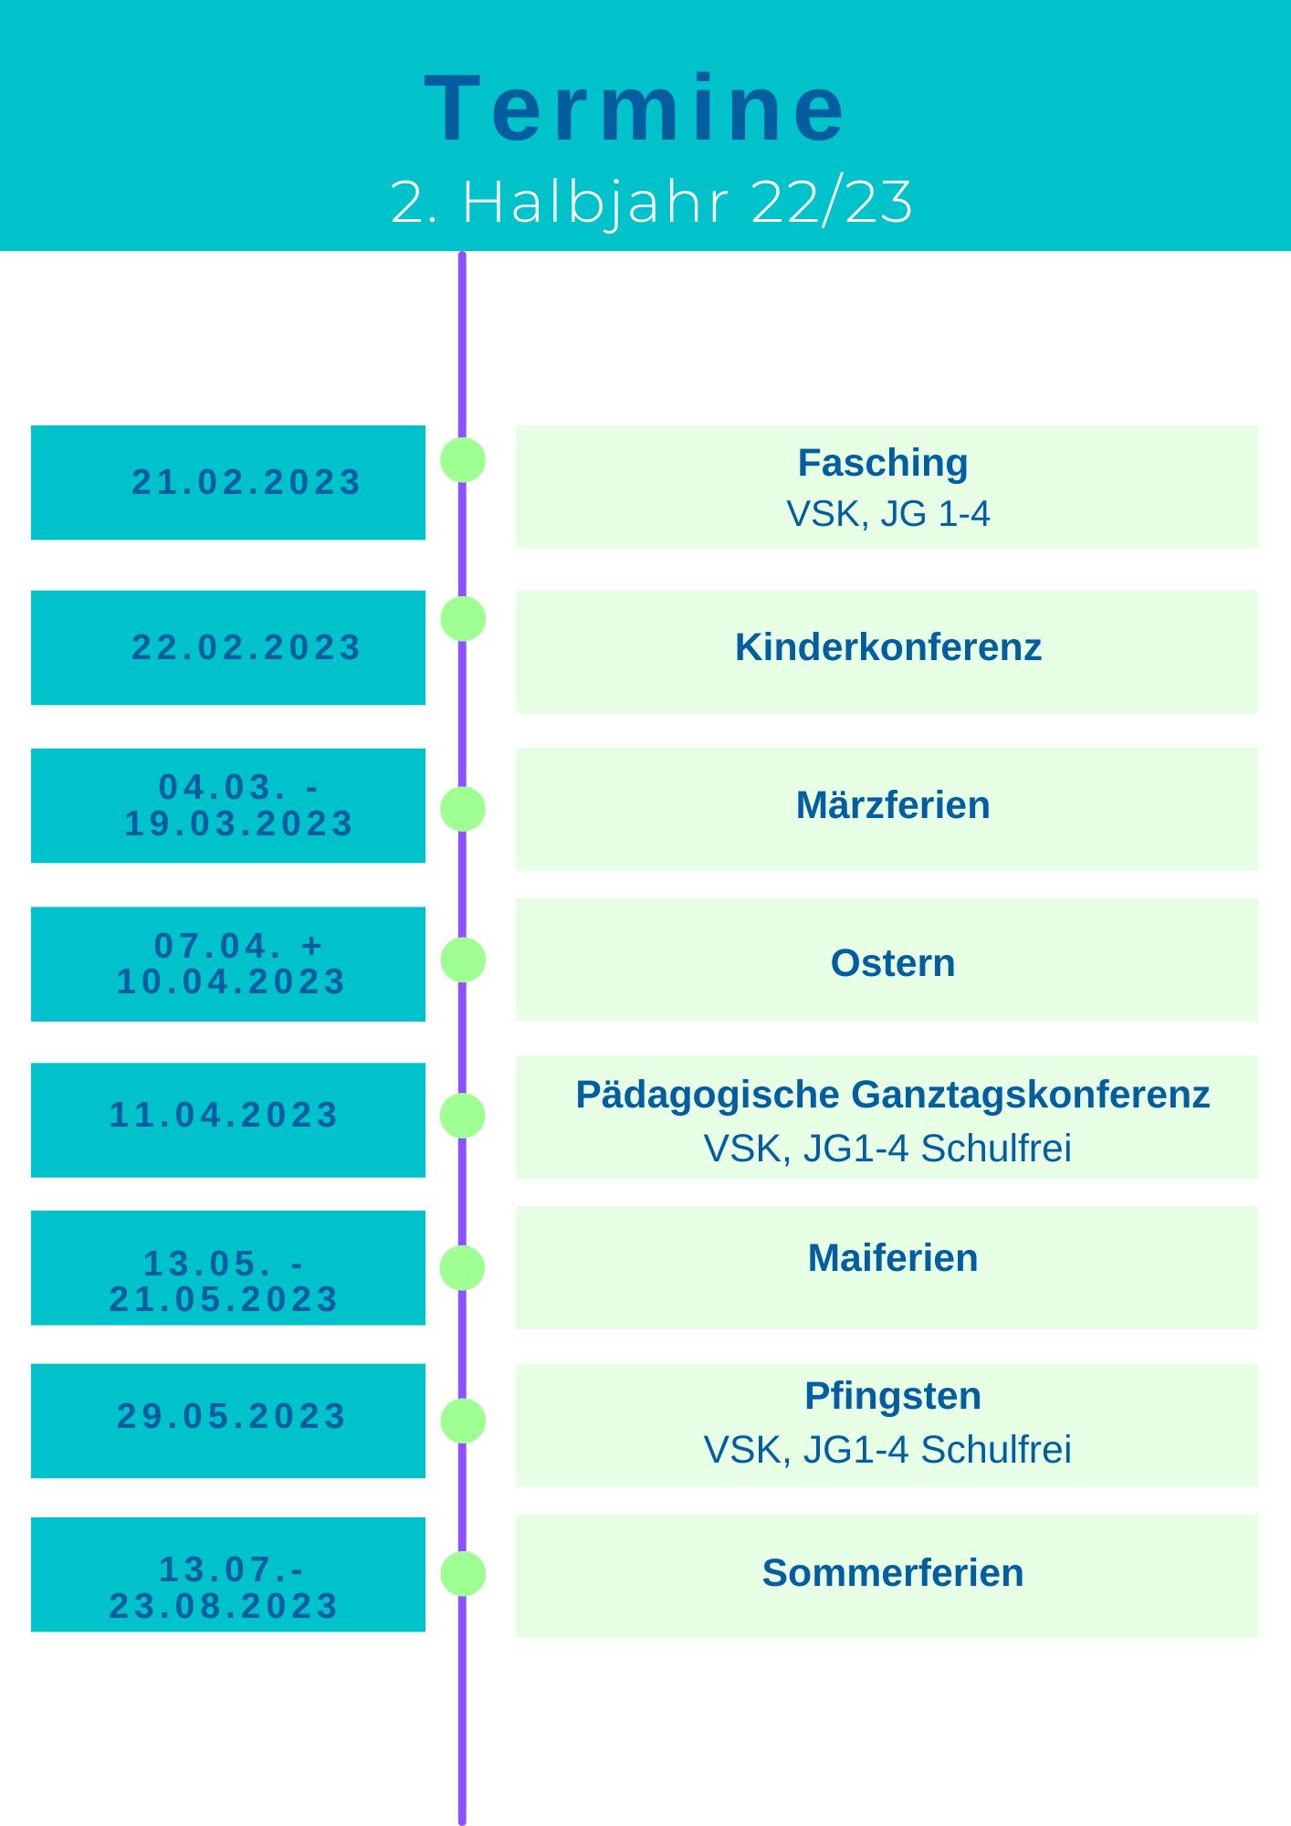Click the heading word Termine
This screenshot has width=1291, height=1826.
[636, 110]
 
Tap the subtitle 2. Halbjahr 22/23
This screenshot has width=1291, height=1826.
[651, 202]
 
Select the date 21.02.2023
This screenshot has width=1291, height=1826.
[247, 482]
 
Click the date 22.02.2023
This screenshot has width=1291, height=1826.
[247, 647]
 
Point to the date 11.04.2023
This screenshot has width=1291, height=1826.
[225, 1115]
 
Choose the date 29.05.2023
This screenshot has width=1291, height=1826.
[232, 1416]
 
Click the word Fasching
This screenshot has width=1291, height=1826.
[883, 463]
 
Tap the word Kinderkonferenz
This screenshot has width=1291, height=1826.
[888, 647]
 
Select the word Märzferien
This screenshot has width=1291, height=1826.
[893, 805]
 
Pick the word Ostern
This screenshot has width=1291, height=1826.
[893, 963]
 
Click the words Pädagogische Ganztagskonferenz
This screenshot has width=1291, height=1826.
[892, 1095]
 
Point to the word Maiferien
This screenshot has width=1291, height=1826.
[893, 1258]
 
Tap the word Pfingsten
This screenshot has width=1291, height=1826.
[893, 1396]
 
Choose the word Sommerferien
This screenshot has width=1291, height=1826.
[893, 1573]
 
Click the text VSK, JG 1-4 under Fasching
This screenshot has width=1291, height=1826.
[888, 514]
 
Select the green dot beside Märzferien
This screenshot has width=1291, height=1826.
[463, 809]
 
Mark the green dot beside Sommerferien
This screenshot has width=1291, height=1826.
[463, 1574]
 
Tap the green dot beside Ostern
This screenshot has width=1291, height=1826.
[463, 960]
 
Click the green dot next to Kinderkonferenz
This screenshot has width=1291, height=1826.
[463, 619]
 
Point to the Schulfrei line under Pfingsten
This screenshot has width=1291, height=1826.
[887, 1450]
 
